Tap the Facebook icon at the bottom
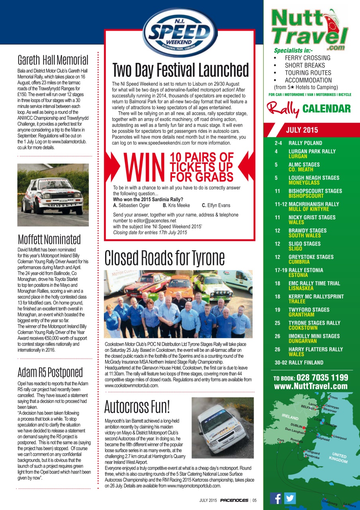pyautogui.click(x=276, y=498)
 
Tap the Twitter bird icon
pyautogui.click(x=290, y=498)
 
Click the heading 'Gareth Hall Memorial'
pyautogui.click(x=53, y=60)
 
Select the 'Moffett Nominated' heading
pyautogui.click(x=49, y=239)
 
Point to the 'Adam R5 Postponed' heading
pyautogui.click(x=50, y=372)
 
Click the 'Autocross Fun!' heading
pyautogui.click(x=137, y=406)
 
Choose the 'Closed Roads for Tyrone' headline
pyautogui.click(x=164, y=258)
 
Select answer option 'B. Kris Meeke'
pyautogui.click(x=178, y=206)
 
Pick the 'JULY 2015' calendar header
pyautogui.click(x=302, y=130)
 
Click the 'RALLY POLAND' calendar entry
pyautogui.click(x=305, y=143)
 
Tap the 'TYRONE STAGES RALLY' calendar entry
pyautogui.click(x=314, y=323)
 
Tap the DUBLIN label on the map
pyautogui.click(x=296, y=426)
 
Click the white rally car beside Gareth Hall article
pyautogui.click(x=53, y=195)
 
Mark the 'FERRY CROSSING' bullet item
pyautogui.click(x=307, y=58)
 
